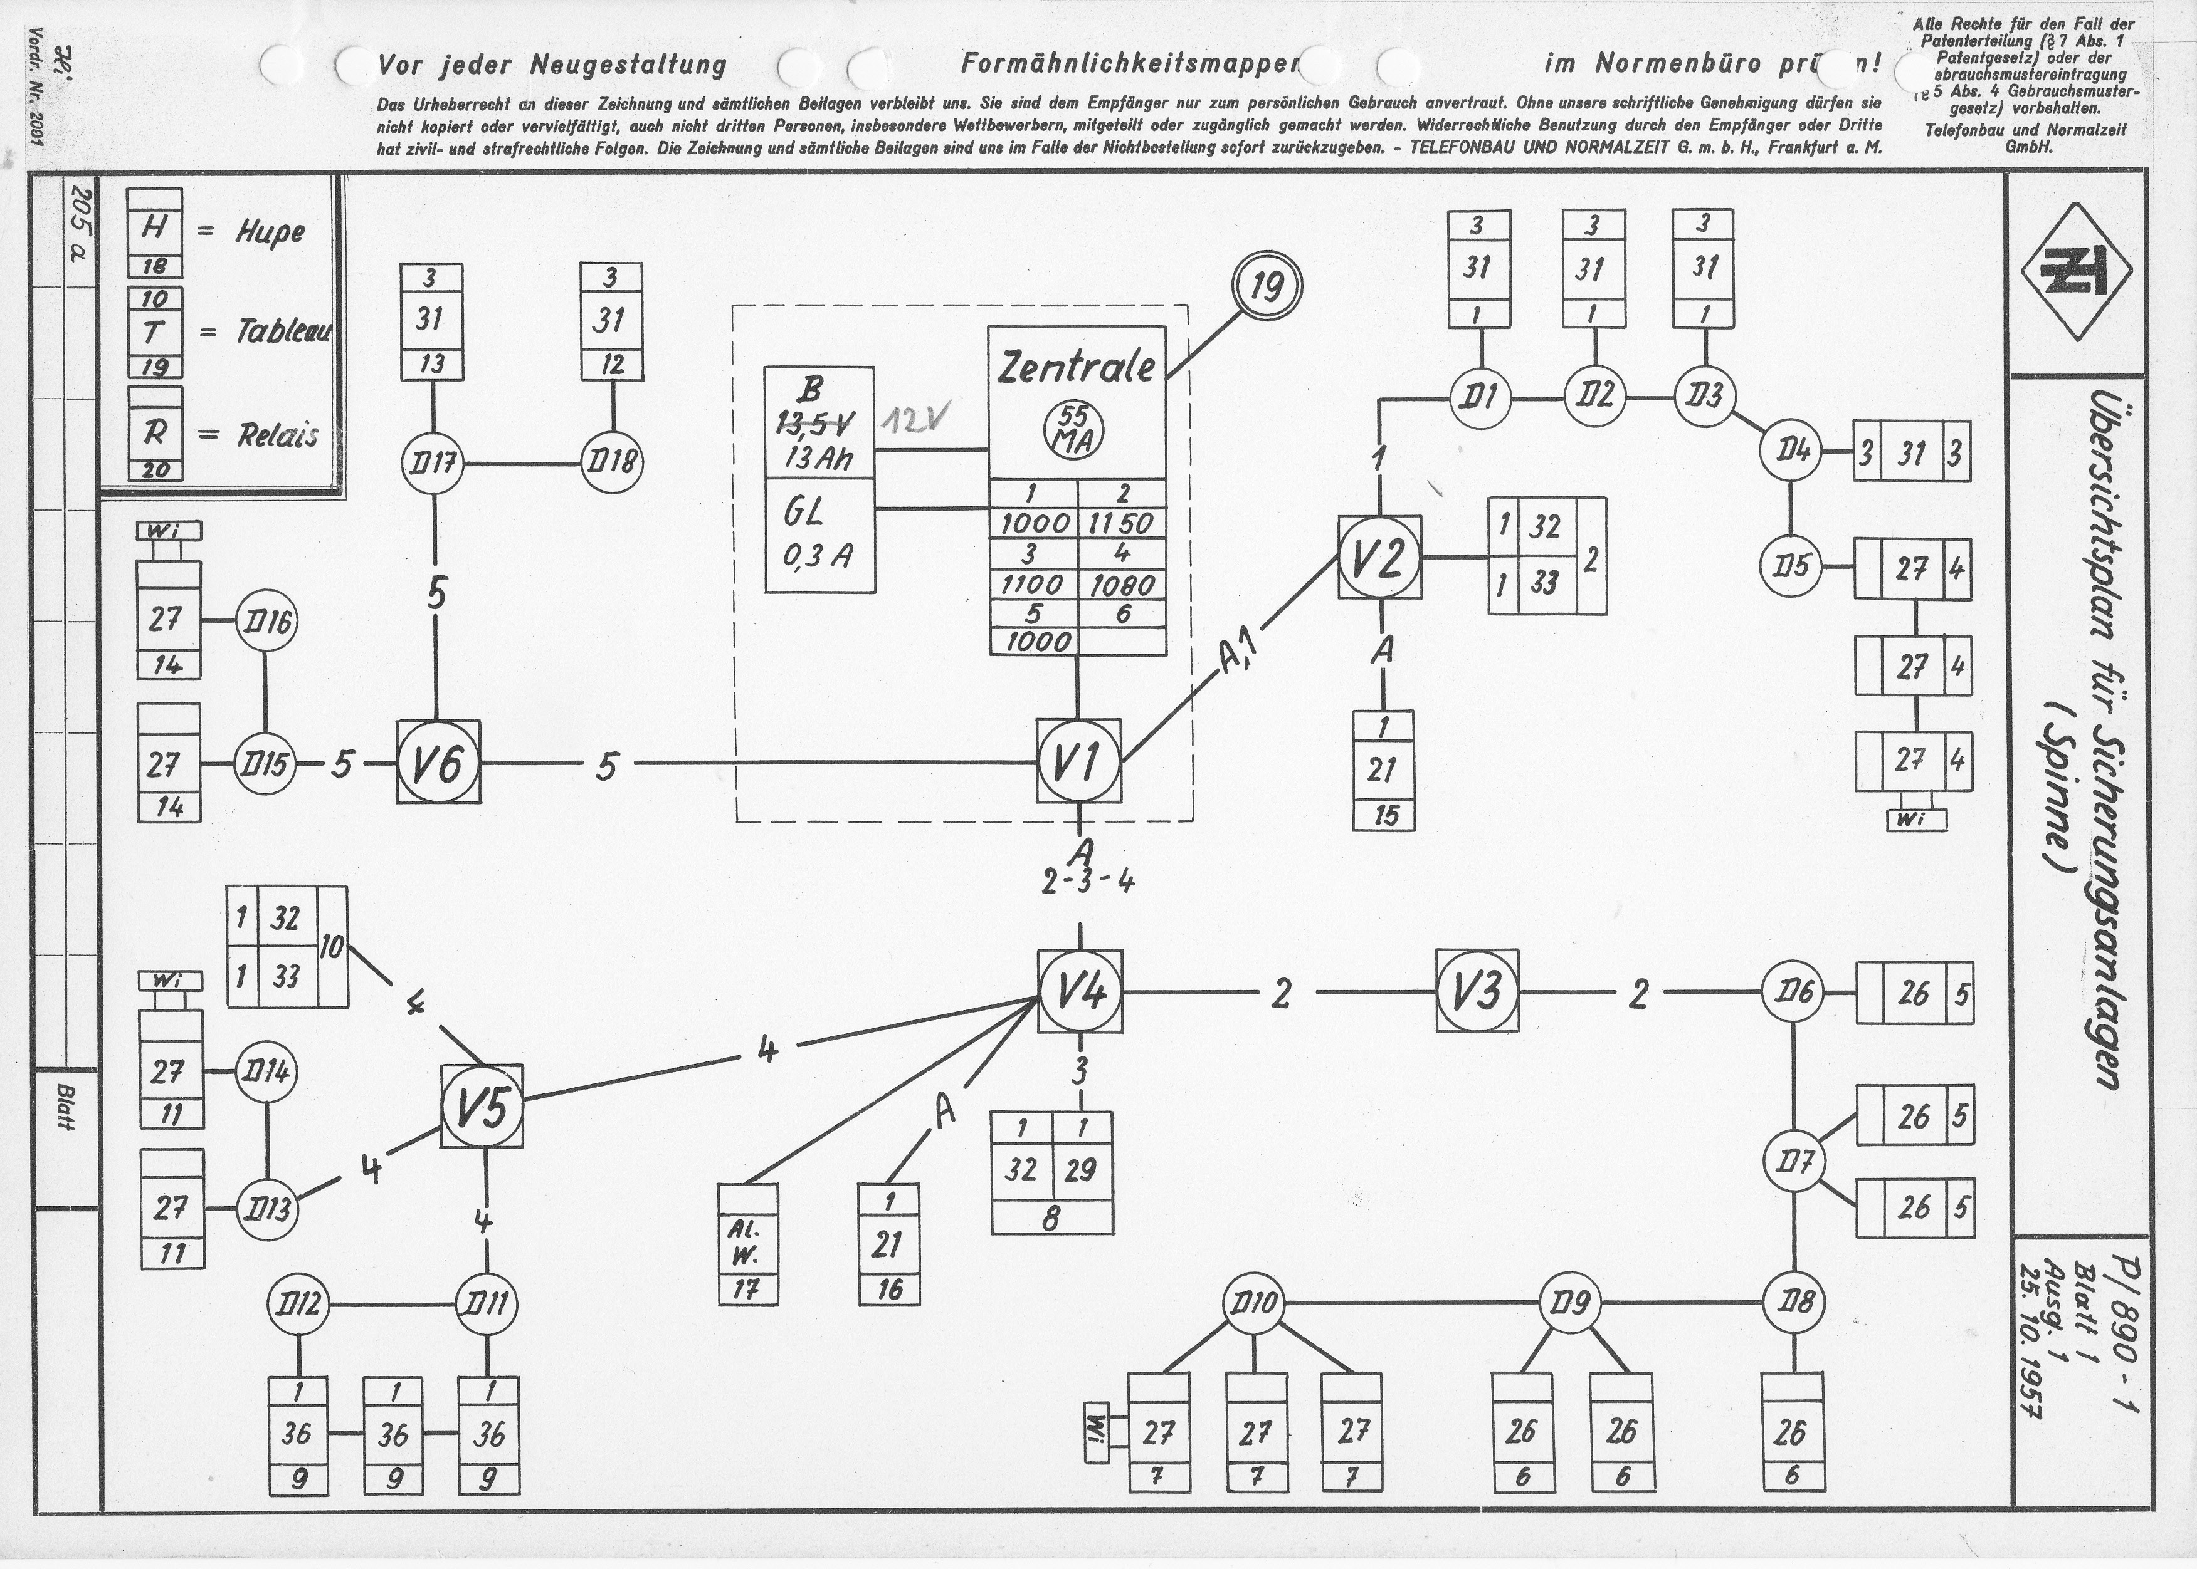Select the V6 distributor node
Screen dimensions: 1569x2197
click(437, 763)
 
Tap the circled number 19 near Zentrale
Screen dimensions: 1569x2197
click(1267, 288)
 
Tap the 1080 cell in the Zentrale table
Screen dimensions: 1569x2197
click(1121, 585)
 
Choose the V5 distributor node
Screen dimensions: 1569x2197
click(482, 1106)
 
